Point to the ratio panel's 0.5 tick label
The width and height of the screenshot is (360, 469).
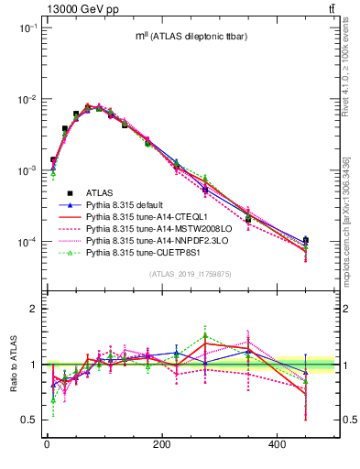click(29, 420)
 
